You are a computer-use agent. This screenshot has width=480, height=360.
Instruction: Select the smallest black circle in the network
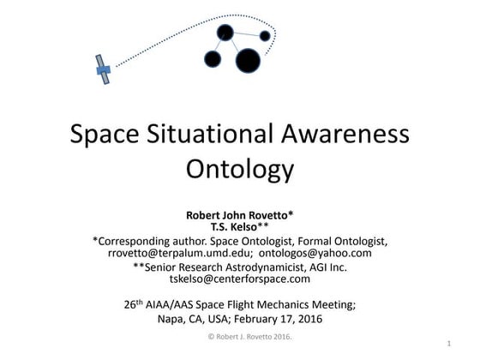point(265,36)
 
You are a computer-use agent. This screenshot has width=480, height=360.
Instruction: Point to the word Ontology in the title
point(239,167)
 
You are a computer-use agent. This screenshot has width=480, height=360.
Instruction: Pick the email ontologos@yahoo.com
point(313,253)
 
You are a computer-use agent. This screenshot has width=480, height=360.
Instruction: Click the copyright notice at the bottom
point(239,337)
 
